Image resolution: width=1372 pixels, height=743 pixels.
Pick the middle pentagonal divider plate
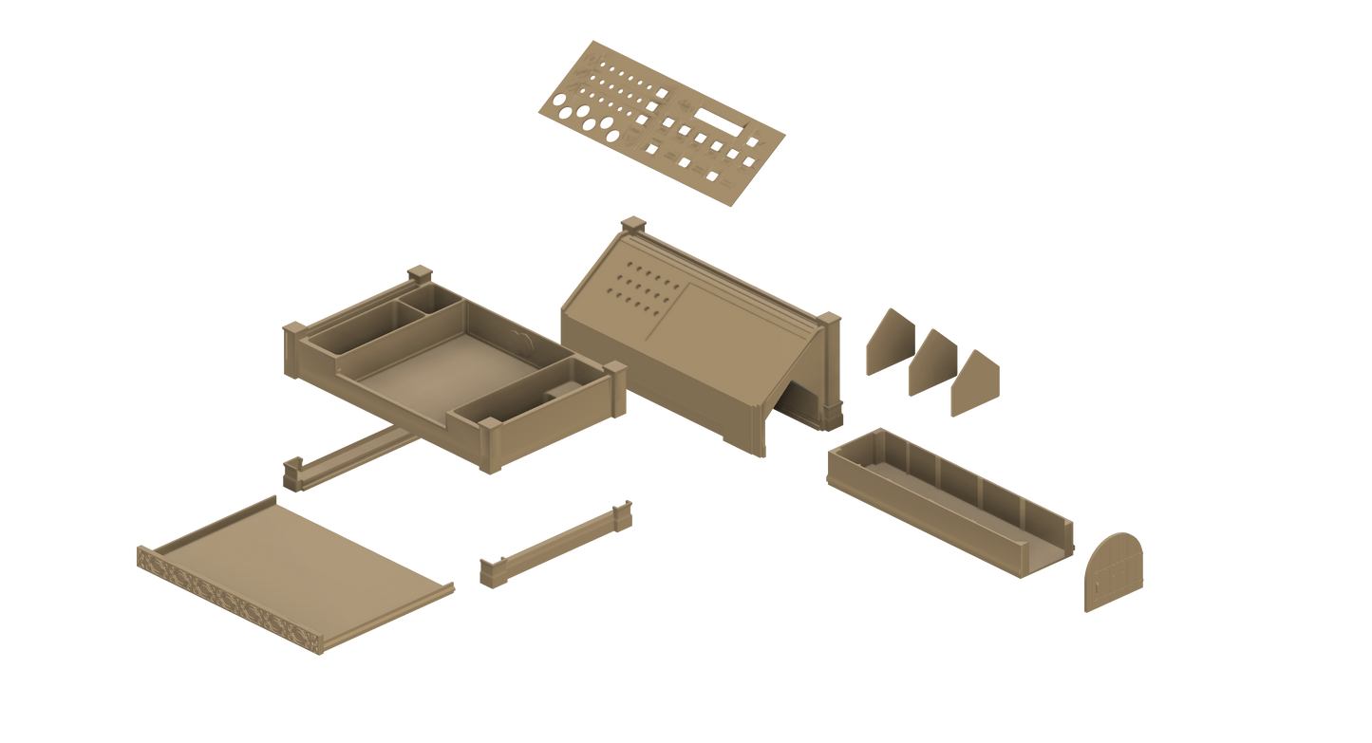(x=929, y=363)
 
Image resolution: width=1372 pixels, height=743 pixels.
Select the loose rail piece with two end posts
(x=556, y=545)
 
